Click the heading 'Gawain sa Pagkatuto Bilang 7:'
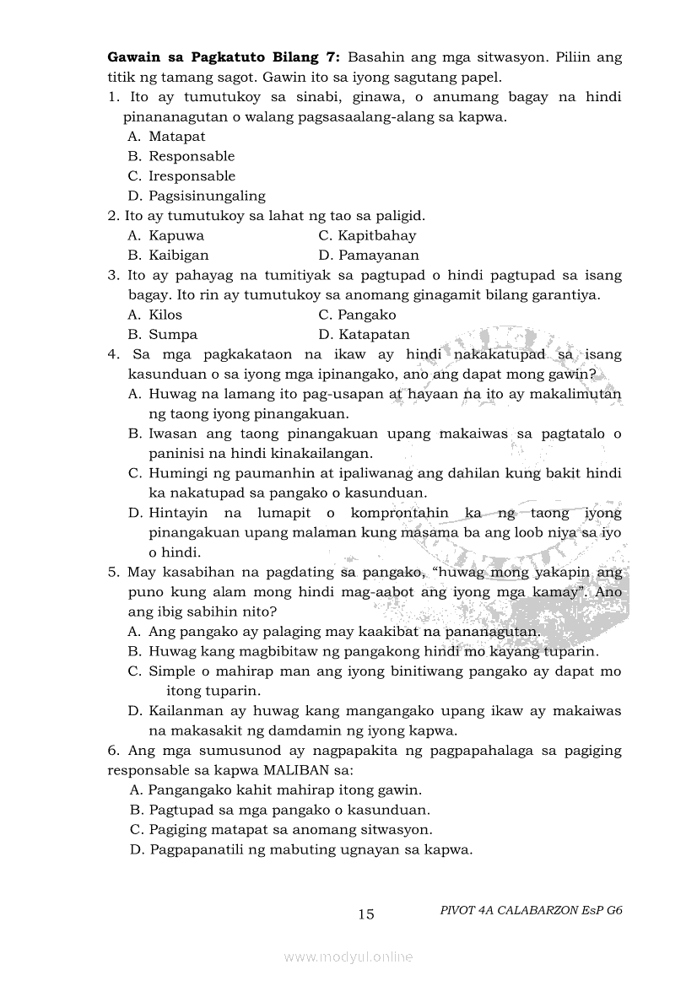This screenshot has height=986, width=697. tap(224, 57)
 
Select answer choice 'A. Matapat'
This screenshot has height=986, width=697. tap(166, 137)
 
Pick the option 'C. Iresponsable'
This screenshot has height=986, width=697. tap(181, 176)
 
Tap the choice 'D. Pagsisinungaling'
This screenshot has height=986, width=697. tap(197, 196)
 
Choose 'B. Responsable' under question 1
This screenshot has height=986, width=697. tap(181, 156)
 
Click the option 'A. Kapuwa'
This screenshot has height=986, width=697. tap(166, 235)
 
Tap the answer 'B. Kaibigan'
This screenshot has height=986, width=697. tap(169, 255)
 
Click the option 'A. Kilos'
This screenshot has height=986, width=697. tap(155, 315)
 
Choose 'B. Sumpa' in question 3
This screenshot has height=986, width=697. tap(163, 334)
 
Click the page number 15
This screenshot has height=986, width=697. tap(366, 914)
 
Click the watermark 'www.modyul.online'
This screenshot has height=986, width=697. tap(348, 957)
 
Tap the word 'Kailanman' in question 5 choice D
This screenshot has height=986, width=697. tap(187, 711)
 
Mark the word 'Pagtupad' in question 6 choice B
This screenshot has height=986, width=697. tap(179, 810)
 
